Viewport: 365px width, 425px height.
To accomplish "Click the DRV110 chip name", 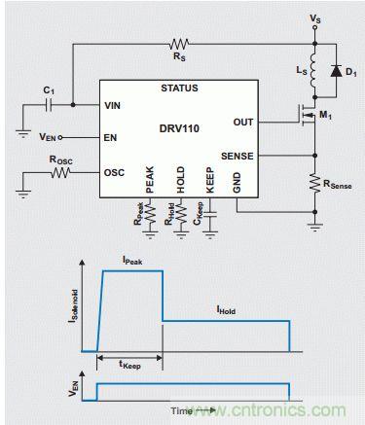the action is pyautogui.click(x=179, y=128).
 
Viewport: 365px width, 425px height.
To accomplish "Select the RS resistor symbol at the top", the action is pyautogui.click(x=179, y=44).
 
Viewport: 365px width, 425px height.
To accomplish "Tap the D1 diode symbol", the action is pyautogui.click(x=336, y=71).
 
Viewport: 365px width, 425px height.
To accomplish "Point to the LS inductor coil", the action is pyautogui.click(x=312, y=71).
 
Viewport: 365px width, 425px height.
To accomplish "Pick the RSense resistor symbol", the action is pyautogui.click(x=314, y=183).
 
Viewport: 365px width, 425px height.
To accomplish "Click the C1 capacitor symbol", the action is pyautogui.click(x=49, y=105).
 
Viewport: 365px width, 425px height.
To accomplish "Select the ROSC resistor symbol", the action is pyautogui.click(x=60, y=172).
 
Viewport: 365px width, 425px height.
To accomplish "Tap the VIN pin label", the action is pyautogui.click(x=112, y=105).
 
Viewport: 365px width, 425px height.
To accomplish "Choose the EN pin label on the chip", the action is pyautogui.click(x=110, y=138).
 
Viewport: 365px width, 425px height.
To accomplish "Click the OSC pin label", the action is pyautogui.click(x=114, y=172).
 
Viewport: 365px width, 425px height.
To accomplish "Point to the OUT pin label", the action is pyautogui.click(x=243, y=123).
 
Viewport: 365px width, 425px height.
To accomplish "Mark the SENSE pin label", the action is pyautogui.click(x=237, y=157).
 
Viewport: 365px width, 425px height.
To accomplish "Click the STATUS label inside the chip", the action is pyautogui.click(x=179, y=89).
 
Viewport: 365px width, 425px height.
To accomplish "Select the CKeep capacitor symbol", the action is pyautogui.click(x=210, y=218).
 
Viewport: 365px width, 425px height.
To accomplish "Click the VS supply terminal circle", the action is pyautogui.click(x=314, y=28).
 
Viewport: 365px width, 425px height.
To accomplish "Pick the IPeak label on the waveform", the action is pyautogui.click(x=132, y=260).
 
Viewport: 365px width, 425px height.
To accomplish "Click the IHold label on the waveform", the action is pyautogui.click(x=226, y=310).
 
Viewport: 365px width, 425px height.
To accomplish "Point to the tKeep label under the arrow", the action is pyautogui.click(x=129, y=365).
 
